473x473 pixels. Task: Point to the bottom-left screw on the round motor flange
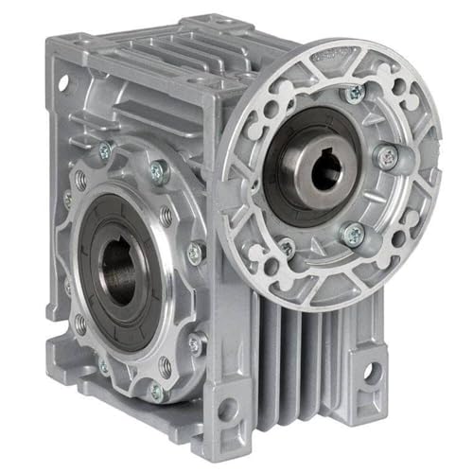[x=286, y=247]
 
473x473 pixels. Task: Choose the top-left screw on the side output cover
[x=103, y=150]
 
